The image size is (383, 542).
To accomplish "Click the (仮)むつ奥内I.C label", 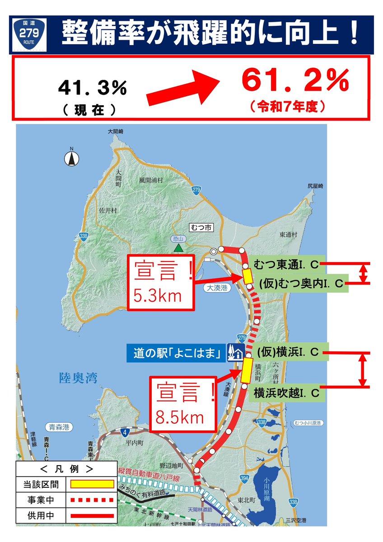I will point(301,283).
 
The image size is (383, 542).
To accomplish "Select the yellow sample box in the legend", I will point(92,484).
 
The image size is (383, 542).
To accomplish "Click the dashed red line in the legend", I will point(92,500).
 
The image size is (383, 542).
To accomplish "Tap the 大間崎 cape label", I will point(116,131).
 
